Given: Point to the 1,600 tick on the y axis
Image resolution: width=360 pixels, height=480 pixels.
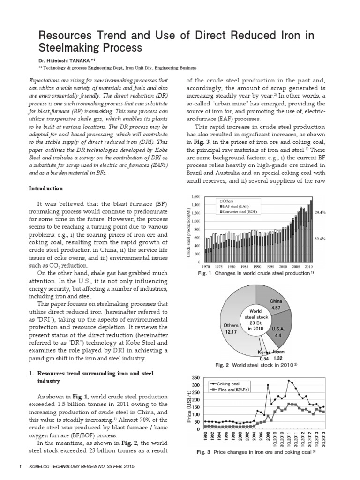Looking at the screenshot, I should (x=196, y=196).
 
